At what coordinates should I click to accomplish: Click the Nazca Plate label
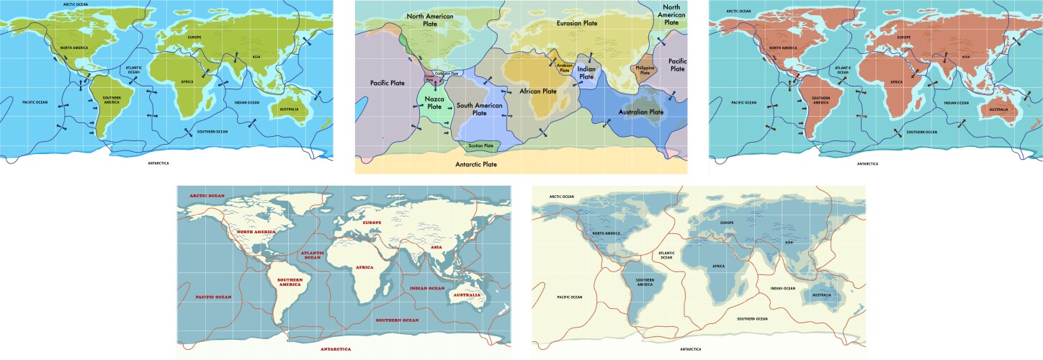pyautogui.click(x=434, y=102)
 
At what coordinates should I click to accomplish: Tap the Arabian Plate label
pyautogui.click(x=564, y=67)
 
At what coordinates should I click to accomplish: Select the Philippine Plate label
pyautogui.click(x=644, y=70)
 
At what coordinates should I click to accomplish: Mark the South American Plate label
pyautogui.click(x=478, y=109)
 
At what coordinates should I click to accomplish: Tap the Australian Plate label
pyautogui.click(x=636, y=112)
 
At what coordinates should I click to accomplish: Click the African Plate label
pyautogui.click(x=538, y=91)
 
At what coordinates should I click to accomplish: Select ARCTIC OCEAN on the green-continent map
pyautogui.click(x=76, y=4)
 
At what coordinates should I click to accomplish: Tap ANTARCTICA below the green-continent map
pyautogui.click(x=157, y=163)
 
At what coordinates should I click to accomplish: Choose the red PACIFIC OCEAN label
pyautogui.click(x=213, y=297)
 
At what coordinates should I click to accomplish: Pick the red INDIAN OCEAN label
pyautogui.click(x=428, y=288)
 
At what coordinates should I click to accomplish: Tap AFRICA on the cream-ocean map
pyautogui.click(x=718, y=266)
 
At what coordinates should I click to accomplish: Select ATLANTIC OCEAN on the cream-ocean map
pyautogui.click(x=666, y=255)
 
